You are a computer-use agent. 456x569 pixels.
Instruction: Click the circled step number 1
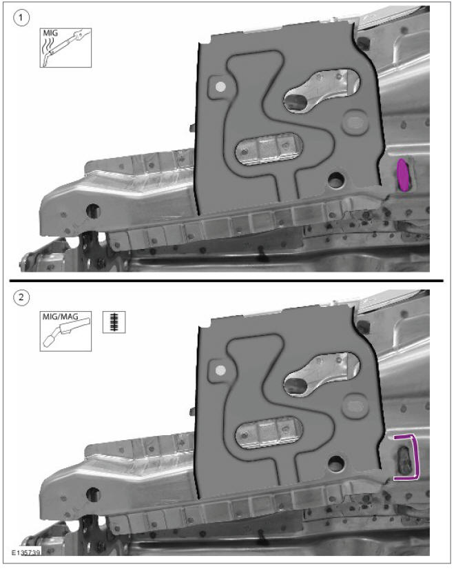(x=23, y=18)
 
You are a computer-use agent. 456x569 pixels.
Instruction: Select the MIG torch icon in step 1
(x=65, y=47)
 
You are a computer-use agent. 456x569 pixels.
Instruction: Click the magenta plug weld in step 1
(x=404, y=174)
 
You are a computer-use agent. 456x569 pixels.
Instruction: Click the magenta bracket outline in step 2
(x=411, y=457)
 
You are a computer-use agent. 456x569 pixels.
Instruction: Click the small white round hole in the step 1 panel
(x=220, y=87)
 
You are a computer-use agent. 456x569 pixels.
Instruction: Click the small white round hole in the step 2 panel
(x=220, y=371)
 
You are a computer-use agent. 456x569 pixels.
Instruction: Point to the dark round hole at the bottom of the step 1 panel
(x=336, y=181)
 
